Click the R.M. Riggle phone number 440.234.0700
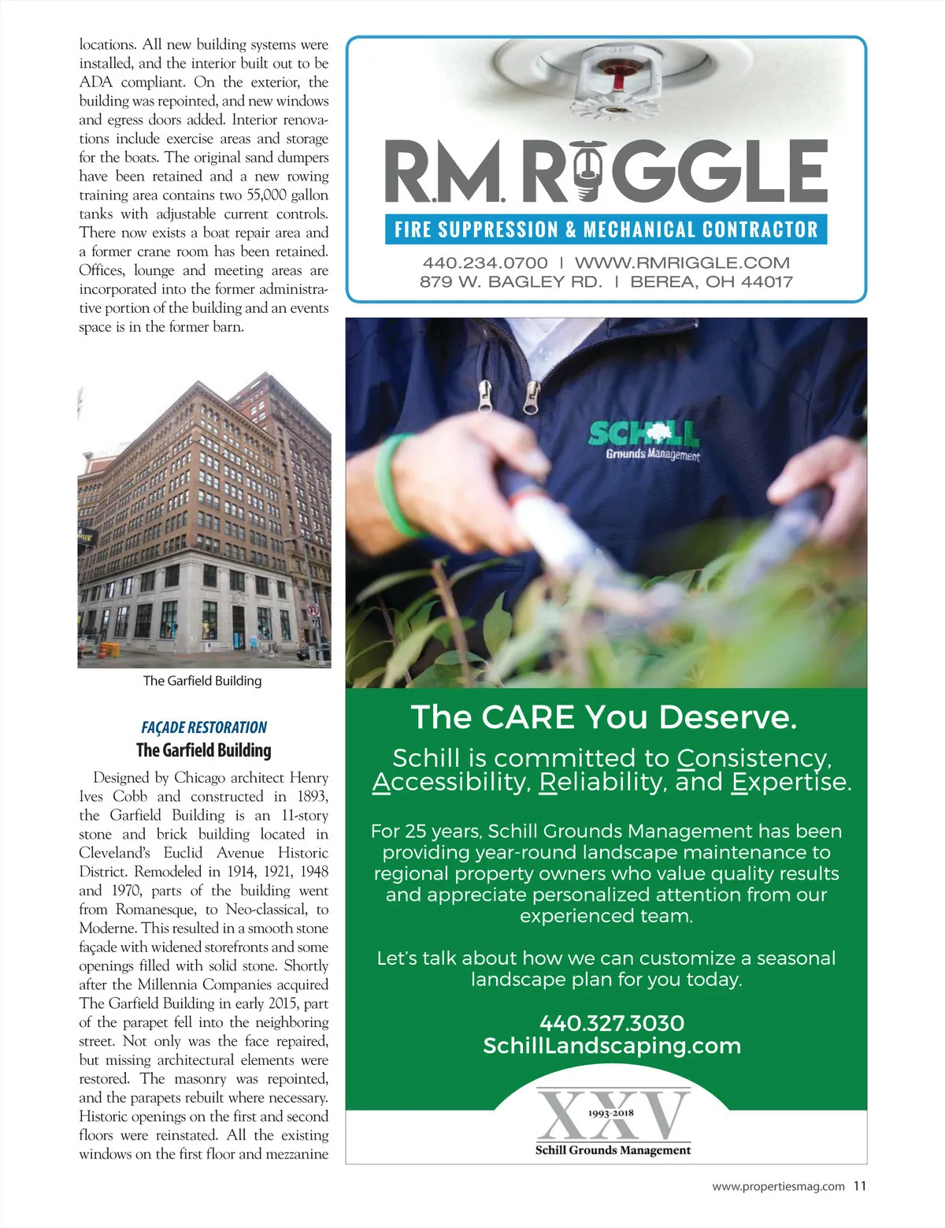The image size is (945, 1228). [484, 263]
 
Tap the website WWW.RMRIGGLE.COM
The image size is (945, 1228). [682, 263]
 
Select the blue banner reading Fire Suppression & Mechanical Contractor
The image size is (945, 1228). [606, 229]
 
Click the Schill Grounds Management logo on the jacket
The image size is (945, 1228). [644, 441]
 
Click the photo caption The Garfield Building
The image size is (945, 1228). [202, 680]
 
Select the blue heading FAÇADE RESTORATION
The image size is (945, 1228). [204, 727]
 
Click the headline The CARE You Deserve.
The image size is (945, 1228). [604, 717]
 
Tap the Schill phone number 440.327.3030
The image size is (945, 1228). [612, 1023]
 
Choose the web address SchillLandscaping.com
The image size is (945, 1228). [612, 1046]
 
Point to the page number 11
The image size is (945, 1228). [859, 1185]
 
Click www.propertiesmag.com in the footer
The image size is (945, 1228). [778, 1186]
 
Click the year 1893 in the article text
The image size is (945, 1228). [313, 796]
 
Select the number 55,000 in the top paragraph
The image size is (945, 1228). [266, 195]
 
